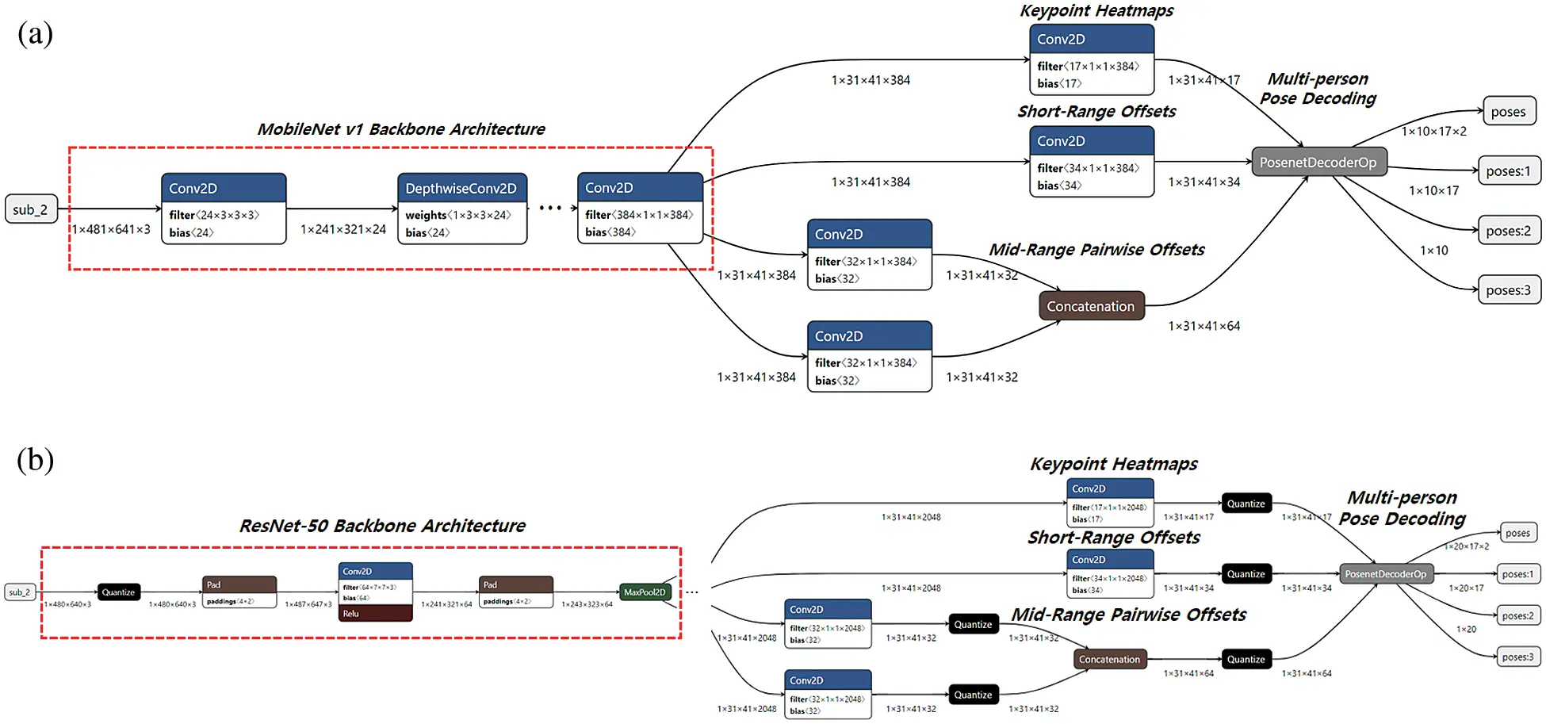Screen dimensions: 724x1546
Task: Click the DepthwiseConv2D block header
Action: (461, 188)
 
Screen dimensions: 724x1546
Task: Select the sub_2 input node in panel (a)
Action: (31, 209)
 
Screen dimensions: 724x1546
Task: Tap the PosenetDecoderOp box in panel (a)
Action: (1318, 163)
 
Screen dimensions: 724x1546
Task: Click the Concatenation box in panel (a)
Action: (1091, 306)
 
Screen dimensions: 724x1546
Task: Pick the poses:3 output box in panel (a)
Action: (1508, 290)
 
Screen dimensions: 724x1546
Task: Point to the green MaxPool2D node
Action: (645, 592)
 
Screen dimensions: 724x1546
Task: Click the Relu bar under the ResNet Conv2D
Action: (375, 614)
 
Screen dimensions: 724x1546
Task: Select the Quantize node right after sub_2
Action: (118, 592)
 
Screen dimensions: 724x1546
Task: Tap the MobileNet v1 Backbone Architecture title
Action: (401, 129)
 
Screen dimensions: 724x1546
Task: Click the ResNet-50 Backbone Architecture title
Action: (382, 526)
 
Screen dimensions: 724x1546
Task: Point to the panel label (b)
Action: (36, 460)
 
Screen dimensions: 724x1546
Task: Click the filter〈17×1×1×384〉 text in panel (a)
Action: (1088, 67)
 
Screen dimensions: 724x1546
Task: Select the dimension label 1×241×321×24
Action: (342, 229)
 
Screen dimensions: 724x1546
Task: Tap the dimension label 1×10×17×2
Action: (1433, 132)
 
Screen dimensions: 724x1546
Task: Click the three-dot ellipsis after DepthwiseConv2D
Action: (549, 209)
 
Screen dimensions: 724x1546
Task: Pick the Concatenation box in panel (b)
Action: (1109, 660)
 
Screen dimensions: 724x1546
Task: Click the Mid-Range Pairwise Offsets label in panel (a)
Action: (1096, 250)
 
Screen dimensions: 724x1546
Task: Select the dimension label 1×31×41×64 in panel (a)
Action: (1204, 326)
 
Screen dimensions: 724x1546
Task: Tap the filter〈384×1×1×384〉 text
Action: (639, 215)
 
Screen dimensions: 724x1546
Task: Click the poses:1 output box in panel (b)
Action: (1517, 574)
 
